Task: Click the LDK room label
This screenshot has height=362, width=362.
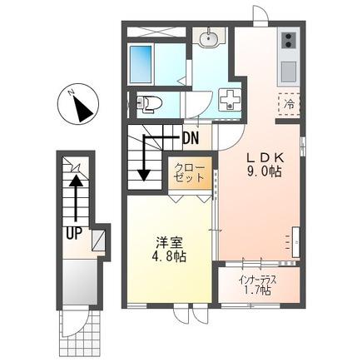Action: pyautogui.click(x=265, y=159)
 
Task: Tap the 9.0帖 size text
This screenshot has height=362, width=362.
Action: pyautogui.click(x=265, y=172)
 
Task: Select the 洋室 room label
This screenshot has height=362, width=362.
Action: pyautogui.click(x=169, y=244)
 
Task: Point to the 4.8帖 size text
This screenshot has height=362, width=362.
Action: pyautogui.click(x=169, y=257)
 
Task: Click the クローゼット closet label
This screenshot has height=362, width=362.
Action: pyautogui.click(x=190, y=173)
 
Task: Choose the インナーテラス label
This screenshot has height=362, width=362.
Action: pyautogui.click(x=258, y=280)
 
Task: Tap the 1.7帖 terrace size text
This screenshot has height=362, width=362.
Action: pyautogui.click(x=257, y=290)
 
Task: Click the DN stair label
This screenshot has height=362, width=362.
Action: pyautogui.click(x=191, y=138)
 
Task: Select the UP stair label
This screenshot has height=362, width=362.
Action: pyautogui.click(x=74, y=233)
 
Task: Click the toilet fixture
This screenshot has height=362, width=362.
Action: pyautogui.click(x=149, y=103)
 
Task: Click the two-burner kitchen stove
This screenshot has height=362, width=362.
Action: pyautogui.click(x=289, y=41)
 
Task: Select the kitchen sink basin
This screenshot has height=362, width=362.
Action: pyautogui.click(x=289, y=71)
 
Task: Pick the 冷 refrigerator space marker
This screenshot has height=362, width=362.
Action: pyautogui.click(x=289, y=104)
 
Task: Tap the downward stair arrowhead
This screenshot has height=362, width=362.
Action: pyautogui.click(x=144, y=175)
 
